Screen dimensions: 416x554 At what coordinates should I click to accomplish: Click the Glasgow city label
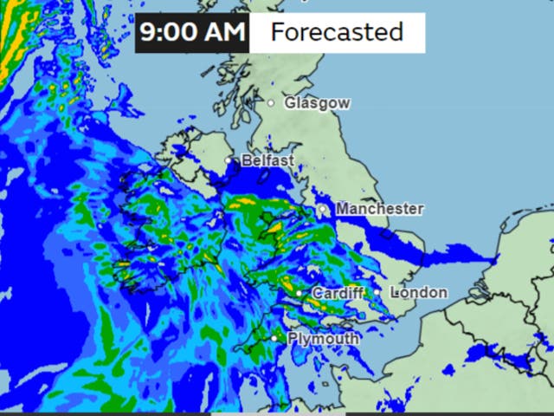click(x=318, y=103)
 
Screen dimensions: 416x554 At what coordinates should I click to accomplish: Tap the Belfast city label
click(x=268, y=161)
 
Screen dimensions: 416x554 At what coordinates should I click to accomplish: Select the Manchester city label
click(x=380, y=209)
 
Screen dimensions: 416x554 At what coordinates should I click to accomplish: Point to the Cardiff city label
click(x=338, y=294)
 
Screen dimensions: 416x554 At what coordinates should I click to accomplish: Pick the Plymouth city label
click(x=323, y=339)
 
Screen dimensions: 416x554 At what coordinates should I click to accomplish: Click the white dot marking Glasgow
click(x=271, y=102)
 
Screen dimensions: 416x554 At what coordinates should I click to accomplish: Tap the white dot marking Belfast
click(x=229, y=160)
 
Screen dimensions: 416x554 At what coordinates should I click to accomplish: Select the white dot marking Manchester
click(x=322, y=209)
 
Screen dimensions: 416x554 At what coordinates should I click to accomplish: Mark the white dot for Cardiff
click(x=299, y=294)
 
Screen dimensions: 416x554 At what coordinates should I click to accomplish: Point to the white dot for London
click(x=377, y=292)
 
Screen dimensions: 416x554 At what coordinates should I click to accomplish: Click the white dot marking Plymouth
click(x=274, y=338)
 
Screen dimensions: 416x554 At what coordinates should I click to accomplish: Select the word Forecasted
click(x=337, y=33)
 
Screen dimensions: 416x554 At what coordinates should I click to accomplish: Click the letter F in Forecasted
click(x=277, y=33)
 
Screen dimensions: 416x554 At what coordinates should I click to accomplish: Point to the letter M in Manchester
click(x=343, y=209)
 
